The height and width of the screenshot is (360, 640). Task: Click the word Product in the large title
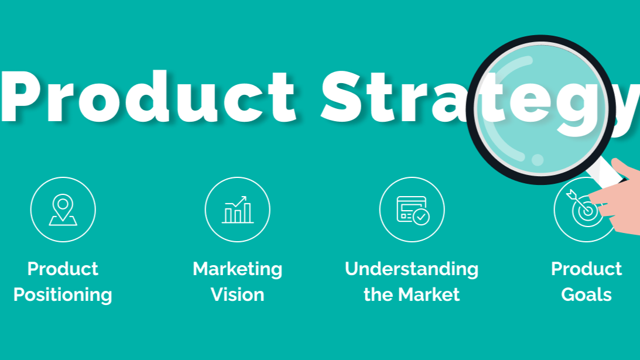pyautogui.click(x=148, y=97)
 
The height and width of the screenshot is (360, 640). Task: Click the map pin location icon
pyautogui.click(x=63, y=210)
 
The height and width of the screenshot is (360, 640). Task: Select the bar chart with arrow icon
pyautogui.click(x=238, y=210)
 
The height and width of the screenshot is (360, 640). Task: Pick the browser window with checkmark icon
pyautogui.click(x=413, y=210)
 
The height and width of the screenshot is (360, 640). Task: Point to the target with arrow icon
pyautogui.click(x=584, y=208)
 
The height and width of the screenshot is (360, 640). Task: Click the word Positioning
pyautogui.click(x=63, y=294)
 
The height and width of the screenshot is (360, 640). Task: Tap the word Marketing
pyautogui.click(x=238, y=269)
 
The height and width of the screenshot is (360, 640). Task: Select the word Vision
pyautogui.click(x=238, y=294)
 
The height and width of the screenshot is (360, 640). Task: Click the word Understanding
pyautogui.click(x=412, y=269)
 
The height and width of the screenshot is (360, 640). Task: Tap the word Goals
pyautogui.click(x=587, y=294)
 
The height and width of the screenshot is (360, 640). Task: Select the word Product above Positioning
pyautogui.click(x=63, y=269)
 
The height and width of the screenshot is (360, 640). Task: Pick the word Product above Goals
pyautogui.click(x=587, y=269)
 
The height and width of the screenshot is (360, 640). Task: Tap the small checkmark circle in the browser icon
pyautogui.click(x=421, y=217)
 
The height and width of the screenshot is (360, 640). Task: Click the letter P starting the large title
pyautogui.click(x=21, y=97)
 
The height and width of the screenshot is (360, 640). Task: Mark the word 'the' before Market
pyautogui.click(x=378, y=294)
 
